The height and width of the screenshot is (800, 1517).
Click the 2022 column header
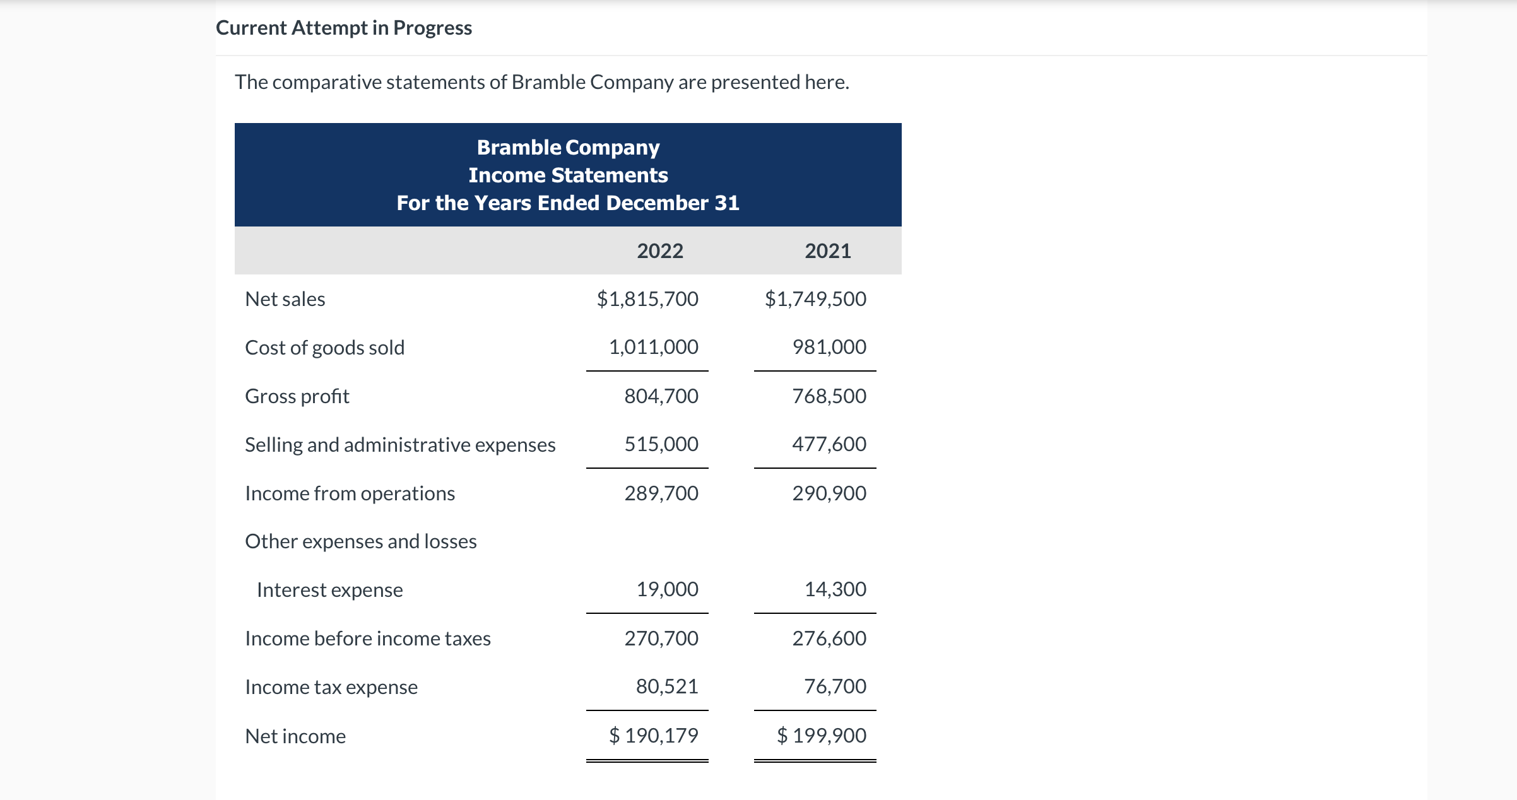coord(659,251)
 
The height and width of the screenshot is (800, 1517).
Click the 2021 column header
coord(827,251)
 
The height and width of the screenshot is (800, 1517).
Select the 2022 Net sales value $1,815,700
coord(647,298)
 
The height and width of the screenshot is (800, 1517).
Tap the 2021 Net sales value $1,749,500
coord(815,298)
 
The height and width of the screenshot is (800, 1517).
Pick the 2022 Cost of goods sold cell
coord(653,347)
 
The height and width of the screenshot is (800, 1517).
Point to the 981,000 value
coord(829,347)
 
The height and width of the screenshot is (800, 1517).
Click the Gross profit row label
coord(297,396)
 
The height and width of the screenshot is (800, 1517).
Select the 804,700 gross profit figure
coord(661,396)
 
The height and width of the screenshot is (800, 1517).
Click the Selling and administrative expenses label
coord(400,445)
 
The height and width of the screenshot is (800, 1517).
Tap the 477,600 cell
coord(829,444)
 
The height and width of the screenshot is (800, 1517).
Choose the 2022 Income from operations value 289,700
coord(661,493)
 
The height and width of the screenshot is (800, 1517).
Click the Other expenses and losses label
coord(360,541)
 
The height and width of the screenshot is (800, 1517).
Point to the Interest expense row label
coord(329,590)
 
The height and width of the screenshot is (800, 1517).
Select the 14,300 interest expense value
coord(835,589)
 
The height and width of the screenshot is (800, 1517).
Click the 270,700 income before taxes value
coord(661,638)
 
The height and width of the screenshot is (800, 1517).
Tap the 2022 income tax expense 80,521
coord(666,686)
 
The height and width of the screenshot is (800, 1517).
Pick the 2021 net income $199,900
coord(822,736)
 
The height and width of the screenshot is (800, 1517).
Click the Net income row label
coord(295,736)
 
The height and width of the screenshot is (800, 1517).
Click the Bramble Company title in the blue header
coord(568,148)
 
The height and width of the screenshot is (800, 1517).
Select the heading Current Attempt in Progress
coord(344,28)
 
